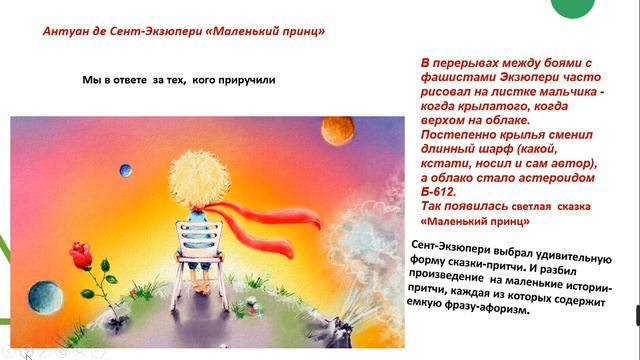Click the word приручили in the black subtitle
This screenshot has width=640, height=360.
pos(241,78)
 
